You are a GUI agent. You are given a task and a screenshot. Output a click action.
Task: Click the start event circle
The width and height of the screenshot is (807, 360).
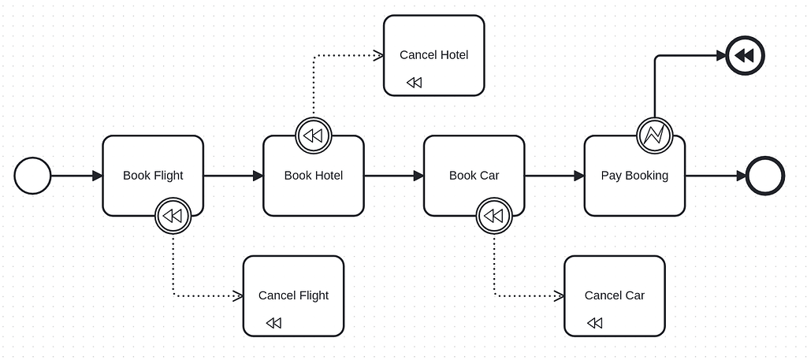coord(32,176)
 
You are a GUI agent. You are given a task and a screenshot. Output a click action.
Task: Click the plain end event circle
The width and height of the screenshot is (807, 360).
coord(764,176)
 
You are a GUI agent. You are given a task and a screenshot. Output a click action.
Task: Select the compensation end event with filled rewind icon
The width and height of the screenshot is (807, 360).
coord(743,56)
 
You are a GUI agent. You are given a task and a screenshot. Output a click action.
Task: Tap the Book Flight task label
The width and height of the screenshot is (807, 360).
coord(153,176)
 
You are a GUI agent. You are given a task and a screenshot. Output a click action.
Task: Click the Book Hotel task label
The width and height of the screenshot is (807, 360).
coord(314,176)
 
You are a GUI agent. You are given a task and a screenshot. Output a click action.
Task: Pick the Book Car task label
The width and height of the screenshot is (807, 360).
coord(474,176)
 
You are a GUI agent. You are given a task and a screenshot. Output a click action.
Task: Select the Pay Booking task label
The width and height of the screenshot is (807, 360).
coord(634,176)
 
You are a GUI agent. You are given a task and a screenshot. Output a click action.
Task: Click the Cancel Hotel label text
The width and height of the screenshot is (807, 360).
coord(433,55)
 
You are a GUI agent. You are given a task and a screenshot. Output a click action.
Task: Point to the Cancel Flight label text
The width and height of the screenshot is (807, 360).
coord(293,295)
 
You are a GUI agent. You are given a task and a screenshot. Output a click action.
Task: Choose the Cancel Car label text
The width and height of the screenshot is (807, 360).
coord(614,295)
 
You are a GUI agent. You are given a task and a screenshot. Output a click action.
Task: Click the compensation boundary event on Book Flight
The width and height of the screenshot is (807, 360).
coord(173,216)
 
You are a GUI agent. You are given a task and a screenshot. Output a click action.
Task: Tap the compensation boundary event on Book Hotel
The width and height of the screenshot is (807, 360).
coord(313,135)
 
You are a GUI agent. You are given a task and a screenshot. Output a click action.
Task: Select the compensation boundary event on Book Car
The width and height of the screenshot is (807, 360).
coord(494,216)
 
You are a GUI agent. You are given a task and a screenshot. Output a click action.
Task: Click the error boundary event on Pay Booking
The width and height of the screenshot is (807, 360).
coord(654,135)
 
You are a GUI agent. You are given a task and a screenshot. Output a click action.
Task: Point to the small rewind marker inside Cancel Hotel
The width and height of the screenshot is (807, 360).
coord(414,83)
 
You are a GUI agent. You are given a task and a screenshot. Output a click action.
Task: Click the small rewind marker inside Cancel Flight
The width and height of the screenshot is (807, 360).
coord(273,323)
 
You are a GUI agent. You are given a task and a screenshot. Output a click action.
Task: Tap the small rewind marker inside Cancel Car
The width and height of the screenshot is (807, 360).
coord(595,323)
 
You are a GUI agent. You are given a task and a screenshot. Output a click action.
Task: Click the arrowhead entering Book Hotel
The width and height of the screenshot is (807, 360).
coord(258,176)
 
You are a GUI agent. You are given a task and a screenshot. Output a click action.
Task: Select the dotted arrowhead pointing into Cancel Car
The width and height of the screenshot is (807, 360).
coord(559,296)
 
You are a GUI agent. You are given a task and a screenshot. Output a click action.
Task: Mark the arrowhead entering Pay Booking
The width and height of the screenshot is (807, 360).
coord(578,176)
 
